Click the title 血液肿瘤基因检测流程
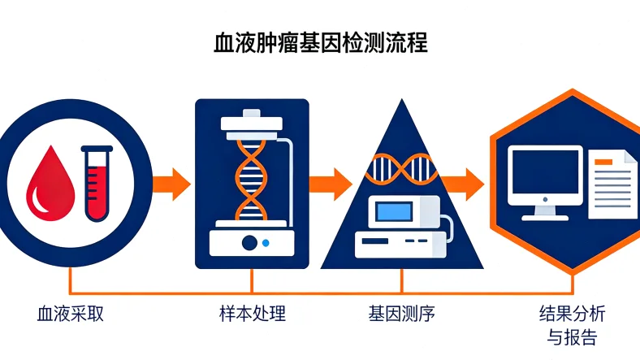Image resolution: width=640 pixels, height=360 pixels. pyautogui.click(x=320, y=42)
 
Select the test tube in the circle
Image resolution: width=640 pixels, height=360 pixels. pyautogui.click(x=98, y=182)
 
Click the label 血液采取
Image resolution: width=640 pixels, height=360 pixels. pyautogui.click(x=71, y=314)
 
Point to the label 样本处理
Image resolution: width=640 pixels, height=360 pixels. pyautogui.click(x=253, y=314)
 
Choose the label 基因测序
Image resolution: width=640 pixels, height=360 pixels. pyautogui.click(x=401, y=314)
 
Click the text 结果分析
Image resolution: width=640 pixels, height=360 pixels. pyautogui.click(x=572, y=314)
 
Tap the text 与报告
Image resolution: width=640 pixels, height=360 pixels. pyautogui.click(x=572, y=337)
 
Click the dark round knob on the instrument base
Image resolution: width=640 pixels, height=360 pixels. pyautogui.click(x=250, y=242)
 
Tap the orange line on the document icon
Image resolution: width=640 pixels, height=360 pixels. pyautogui.click(x=606, y=162)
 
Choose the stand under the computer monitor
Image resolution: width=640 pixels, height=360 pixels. pyautogui.click(x=545, y=213)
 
